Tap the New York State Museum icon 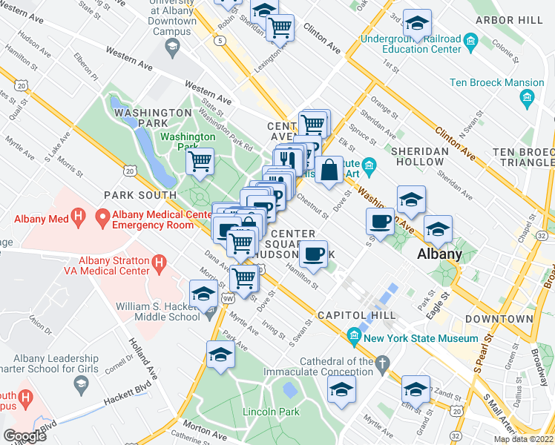point(354,338)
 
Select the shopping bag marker point(329,170)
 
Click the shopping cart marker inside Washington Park point(200,161)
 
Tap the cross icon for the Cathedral point(382,363)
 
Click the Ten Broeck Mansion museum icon point(526,97)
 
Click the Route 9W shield point(228,298)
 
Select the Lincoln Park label point(272,412)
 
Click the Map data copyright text point(524,439)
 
